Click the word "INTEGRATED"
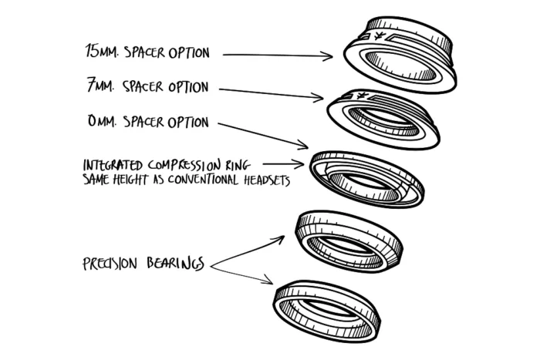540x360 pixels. tap(114, 165)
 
